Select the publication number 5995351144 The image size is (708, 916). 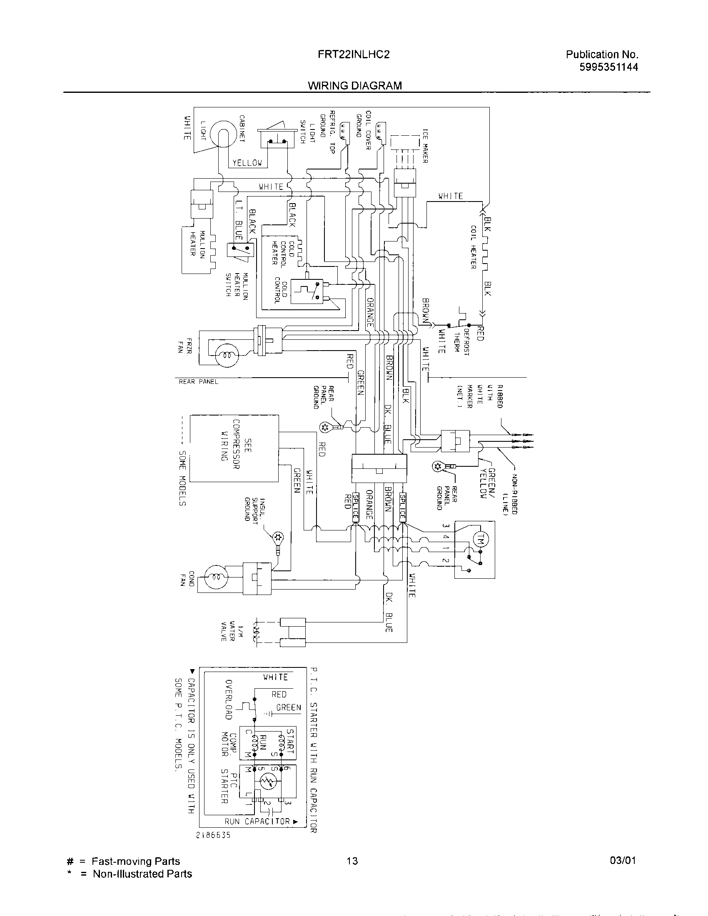[x=608, y=67]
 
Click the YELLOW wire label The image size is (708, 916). [x=247, y=163]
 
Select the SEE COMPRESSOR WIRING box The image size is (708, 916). [x=234, y=448]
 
